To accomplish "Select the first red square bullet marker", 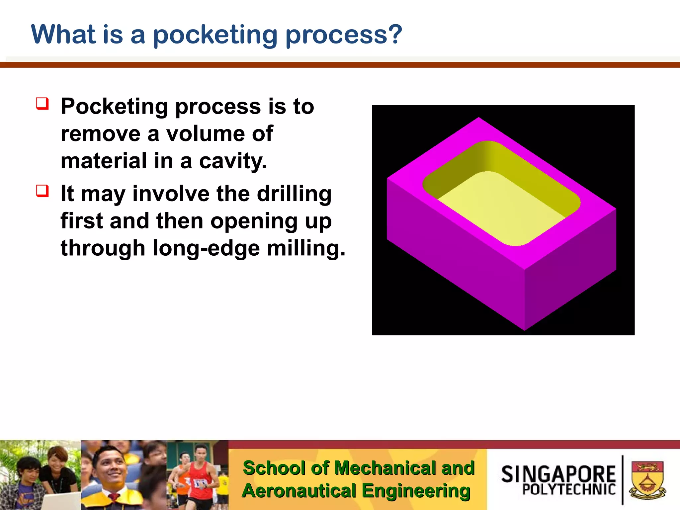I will (42, 104).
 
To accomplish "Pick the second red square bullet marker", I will (42, 191).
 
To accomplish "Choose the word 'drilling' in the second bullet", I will (294, 194).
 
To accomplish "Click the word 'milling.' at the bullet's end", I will (306, 248).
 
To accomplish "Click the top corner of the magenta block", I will (478, 118).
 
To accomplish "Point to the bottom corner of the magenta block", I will (524, 329).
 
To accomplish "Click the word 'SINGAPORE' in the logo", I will (558, 474).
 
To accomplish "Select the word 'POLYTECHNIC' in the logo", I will (569, 490).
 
